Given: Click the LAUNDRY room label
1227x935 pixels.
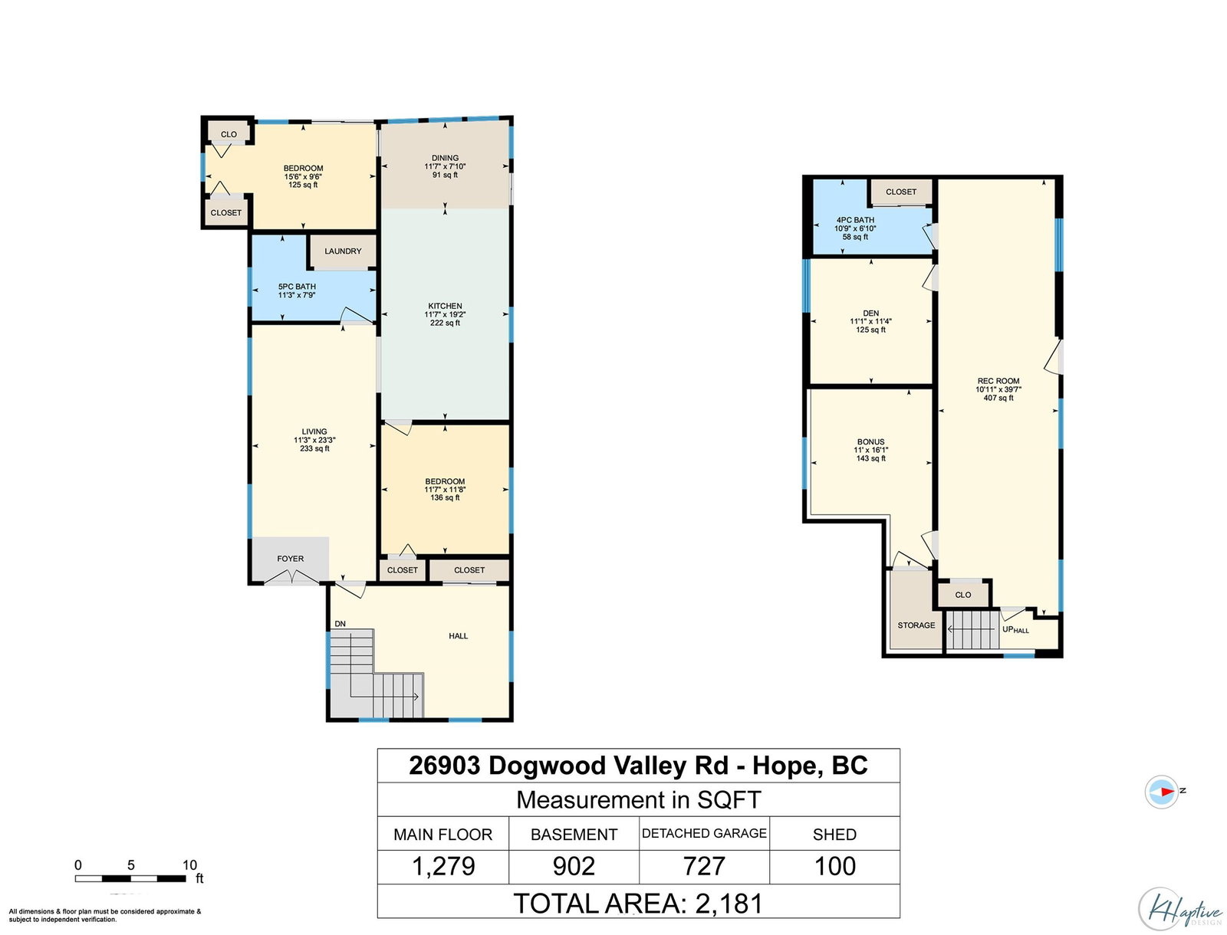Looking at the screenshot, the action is click(343, 251).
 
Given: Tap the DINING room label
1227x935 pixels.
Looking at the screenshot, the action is click(445, 158).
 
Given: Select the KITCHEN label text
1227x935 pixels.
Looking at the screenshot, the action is click(445, 306).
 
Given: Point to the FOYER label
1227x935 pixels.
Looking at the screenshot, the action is click(290, 559).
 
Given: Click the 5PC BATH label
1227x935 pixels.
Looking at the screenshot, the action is click(297, 287).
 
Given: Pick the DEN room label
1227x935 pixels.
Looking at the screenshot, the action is click(871, 313).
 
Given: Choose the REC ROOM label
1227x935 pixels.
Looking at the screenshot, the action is click(998, 381).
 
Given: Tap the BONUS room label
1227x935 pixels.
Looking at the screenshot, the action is click(871, 441).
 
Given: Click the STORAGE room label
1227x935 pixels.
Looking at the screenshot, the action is click(916, 625).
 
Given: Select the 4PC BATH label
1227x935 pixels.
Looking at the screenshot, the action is click(855, 220).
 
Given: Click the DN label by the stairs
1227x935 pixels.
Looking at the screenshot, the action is click(340, 624).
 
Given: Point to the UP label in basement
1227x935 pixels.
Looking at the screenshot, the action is click(1008, 629).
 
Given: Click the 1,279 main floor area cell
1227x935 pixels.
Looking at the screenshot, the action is click(443, 866).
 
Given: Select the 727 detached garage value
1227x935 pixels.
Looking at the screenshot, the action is click(704, 866).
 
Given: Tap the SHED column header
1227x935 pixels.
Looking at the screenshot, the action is click(834, 835).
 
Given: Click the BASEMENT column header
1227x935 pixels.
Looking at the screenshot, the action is click(574, 835).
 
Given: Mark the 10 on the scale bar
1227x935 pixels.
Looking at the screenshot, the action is click(189, 865).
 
